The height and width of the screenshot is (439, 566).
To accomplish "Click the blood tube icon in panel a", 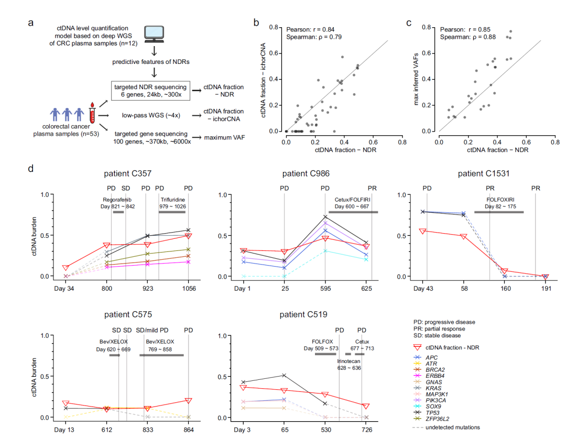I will coord(92,112).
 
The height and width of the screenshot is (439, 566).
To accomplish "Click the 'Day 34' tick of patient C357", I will coord(66,288).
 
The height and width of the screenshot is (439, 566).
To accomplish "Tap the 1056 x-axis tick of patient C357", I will coord(189,288).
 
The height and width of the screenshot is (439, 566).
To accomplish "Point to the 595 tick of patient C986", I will coord(325,288).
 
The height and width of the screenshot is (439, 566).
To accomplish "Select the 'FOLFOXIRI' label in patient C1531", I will coord(498,199).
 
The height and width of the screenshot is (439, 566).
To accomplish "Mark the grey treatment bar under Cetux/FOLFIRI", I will coord(353,212).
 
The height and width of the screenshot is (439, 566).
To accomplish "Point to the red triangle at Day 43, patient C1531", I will coord(423,231).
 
